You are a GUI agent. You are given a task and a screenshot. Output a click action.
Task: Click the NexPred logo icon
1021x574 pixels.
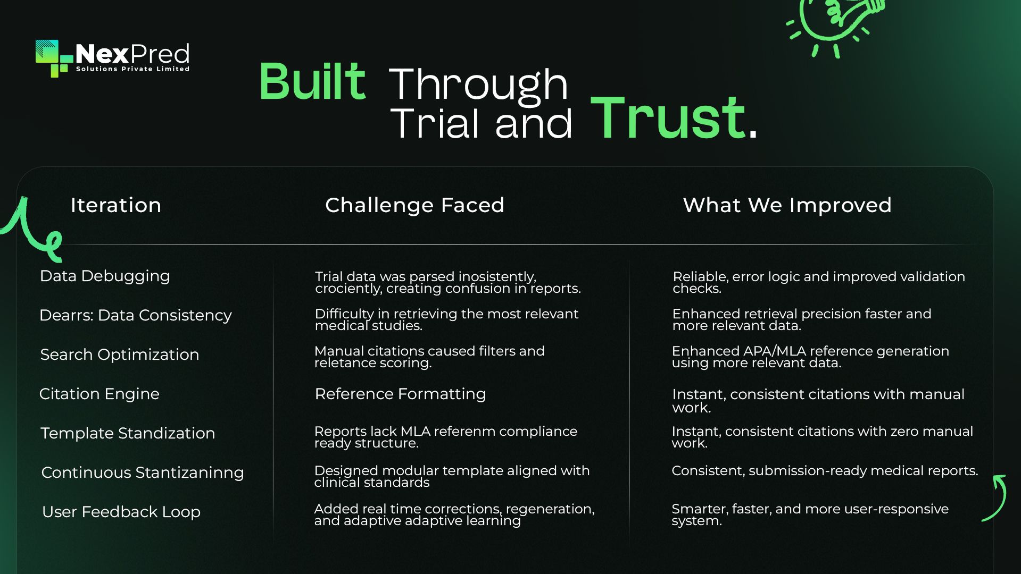point(54,58)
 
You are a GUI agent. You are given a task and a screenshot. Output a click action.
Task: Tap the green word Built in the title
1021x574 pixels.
point(312,81)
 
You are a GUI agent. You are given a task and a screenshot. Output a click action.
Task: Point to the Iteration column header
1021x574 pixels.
point(116,205)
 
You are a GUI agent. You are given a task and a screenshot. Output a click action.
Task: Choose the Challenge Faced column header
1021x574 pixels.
point(414,205)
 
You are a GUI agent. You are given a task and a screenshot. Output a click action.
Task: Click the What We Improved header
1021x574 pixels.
point(787,205)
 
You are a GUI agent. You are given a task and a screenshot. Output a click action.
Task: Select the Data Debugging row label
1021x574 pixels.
point(105,276)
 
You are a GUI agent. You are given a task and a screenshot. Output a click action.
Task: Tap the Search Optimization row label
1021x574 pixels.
point(120,354)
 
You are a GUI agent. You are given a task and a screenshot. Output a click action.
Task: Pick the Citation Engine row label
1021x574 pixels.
point(99,394)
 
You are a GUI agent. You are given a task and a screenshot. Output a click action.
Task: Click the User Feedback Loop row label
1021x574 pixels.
point(121,512)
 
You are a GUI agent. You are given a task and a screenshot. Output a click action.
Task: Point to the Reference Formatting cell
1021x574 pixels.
point(400,394)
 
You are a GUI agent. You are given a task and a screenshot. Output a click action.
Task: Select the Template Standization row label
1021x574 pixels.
point(128,433)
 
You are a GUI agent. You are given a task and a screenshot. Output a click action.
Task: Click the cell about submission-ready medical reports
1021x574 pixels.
point(825,471)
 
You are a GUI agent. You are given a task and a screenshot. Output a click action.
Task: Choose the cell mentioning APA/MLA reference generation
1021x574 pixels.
point(810,357)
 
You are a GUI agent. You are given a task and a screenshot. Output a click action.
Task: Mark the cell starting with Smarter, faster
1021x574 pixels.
point(810,514)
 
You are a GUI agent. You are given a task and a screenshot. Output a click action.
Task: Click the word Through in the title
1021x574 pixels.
point(479,85)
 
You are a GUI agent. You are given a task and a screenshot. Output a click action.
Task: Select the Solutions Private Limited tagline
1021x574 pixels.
point(132,69)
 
